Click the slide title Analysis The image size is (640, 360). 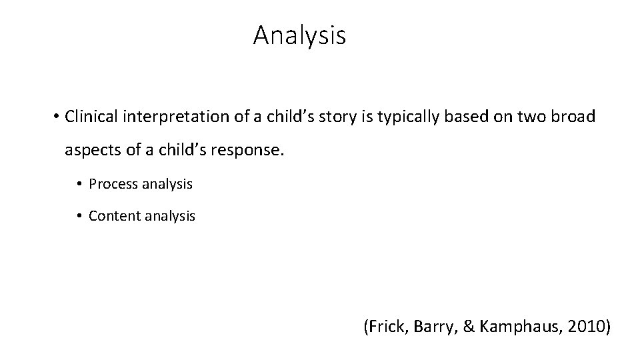point(299,35)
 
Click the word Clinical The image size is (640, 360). point(90,116)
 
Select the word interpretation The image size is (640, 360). point(164,116)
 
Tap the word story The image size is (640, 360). point(321,116)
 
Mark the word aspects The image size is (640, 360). point(87,151)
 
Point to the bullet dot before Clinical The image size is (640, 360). point(56,117)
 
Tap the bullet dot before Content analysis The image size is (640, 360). point(79,217)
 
